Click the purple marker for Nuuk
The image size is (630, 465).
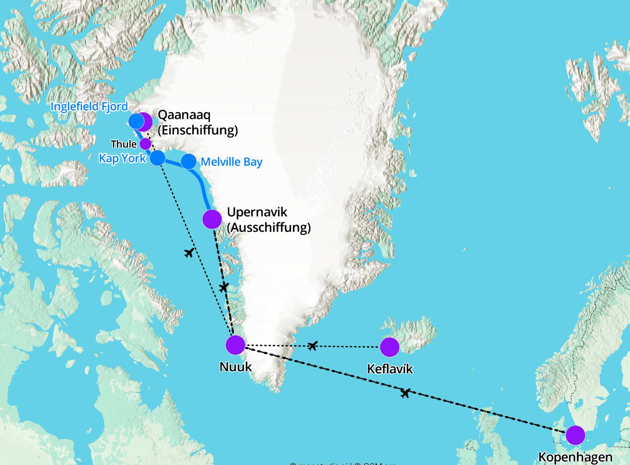click(235, 345)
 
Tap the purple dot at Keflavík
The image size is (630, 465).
click(390, 347)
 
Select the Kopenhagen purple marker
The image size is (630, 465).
click(575, 435)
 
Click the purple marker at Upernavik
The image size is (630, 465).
click(212, 219)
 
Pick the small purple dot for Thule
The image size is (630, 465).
click(145, 144)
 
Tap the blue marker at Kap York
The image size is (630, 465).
click(157, 158)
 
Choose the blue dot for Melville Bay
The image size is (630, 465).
click(189, 161)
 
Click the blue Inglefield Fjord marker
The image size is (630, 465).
click(136, 121)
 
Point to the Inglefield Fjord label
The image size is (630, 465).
click(89, 106)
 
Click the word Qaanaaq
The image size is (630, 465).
click(184, 115)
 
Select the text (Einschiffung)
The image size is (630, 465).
click(198, 130)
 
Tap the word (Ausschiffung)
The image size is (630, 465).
click(269, 228)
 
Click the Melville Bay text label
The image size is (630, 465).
click(231, 162)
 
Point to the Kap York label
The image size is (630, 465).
click(122, 158)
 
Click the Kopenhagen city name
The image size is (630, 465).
click(575, 457)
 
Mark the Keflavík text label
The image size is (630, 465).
click(390, 369)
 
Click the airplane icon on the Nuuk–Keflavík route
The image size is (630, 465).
click(313, 346)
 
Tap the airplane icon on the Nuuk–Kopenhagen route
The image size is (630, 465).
click(405, 393)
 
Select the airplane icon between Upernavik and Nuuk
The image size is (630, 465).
click(224, 287)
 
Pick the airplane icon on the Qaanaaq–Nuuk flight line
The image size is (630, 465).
click(189, 252)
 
